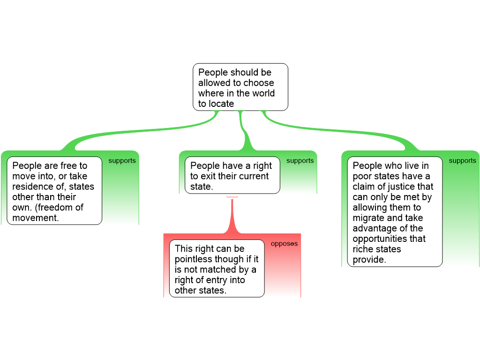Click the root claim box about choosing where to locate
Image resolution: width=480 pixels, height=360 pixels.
tap(240, 87)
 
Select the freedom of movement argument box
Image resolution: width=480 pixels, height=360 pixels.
tap(54, 191)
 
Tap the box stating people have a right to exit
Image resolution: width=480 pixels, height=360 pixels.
tap(232, 175)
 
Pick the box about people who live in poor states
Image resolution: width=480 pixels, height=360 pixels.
tap(395, 212)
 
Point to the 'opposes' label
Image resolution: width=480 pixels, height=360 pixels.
tap(284, 244)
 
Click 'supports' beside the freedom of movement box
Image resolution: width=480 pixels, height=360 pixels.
tap(122, 161)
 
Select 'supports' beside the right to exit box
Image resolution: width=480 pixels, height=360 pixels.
tap(300, 161)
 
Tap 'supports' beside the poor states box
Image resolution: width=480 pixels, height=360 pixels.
tap(462, 161)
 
